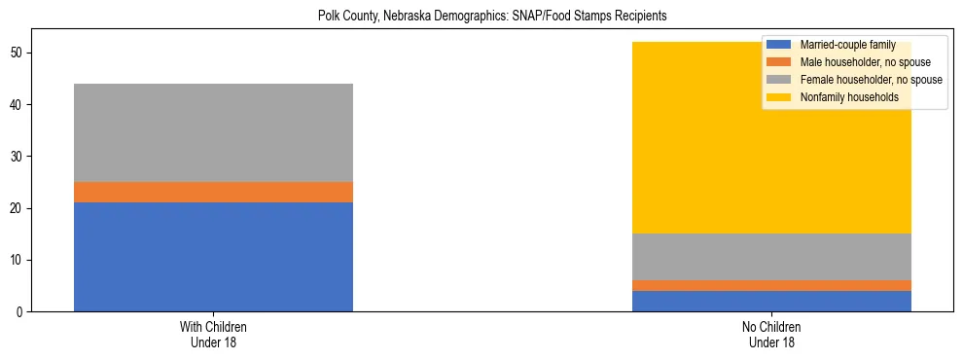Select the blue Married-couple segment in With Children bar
pyautogui.click(x=213, y=257)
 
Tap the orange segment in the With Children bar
pyautogui.click(x=213, y=192)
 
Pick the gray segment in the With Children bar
pyautogui.click(x=213, y=132)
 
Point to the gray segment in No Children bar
pyautogui.click(x=771, y=257)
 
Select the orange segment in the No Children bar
pyautogui.click(x=771, y=285)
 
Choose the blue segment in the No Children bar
pyautogui.click(x=771, y=301)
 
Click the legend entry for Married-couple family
pyautogui.click(x=847, y=46)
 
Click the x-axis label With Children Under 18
pyautogui.click(x=213, y=335)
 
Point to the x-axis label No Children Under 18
pyautogui.click(x=771, y=335)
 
